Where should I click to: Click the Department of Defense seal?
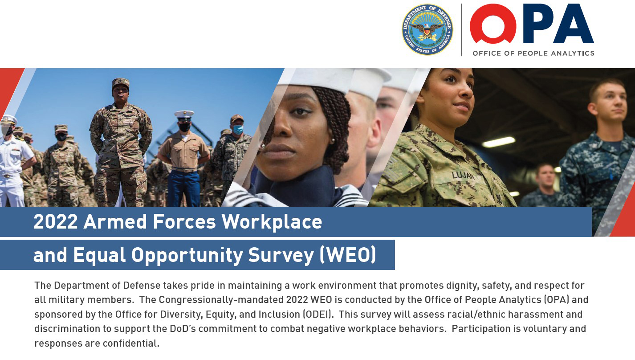click(427, 29)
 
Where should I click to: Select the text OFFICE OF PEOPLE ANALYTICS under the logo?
click(533, 53)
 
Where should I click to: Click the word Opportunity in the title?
click(186, 255)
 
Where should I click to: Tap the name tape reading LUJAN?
click(463, 176)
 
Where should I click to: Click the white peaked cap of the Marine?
click(184, 115)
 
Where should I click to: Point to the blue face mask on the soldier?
click(238, 129)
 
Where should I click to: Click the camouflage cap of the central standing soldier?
click(121, 83)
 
